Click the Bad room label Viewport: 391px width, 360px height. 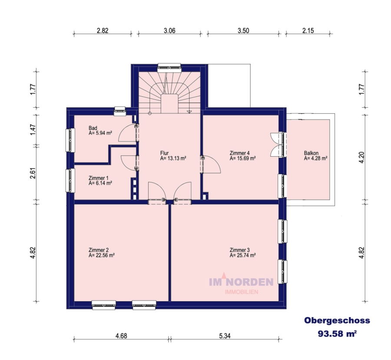tap(93, 128)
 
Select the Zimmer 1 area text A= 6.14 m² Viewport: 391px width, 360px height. tap(100, 183)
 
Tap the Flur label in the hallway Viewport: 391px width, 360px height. tap(164, 153)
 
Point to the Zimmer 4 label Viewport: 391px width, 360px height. tap(240, 153)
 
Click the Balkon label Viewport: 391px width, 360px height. tap(311, 153)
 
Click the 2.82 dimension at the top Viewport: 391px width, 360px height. tap(103, 31)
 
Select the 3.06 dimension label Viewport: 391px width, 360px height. tap(169, 31)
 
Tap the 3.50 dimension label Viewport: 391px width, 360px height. tap(243, 31)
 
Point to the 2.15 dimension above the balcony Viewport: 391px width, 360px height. tap(308, 31)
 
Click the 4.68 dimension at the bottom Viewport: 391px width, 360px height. tap(121, 336)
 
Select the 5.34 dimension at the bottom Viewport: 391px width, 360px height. tap(225, 336)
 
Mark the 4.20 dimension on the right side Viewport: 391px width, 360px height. tap(361, 157)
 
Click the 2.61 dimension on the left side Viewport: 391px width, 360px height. tap(33, 173)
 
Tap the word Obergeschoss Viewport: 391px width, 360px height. tap(337, 320)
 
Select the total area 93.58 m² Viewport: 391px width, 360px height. tap(337, 334)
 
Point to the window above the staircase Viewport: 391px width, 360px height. tap(169, 67)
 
